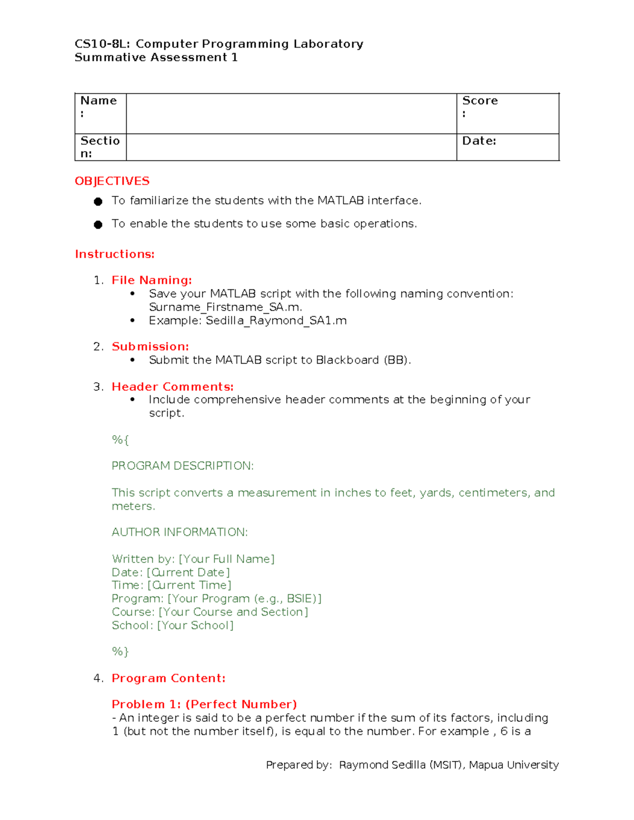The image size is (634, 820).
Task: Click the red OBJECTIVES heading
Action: click(x=112, y=181)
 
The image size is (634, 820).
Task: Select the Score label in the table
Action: click(x=480, y=101)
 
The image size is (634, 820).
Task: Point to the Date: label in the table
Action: click(x=479, y=141)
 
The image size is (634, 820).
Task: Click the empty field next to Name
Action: click(x=291, y=114)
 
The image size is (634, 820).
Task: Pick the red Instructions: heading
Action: click(x=115, y=254)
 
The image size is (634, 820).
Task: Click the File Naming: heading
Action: click(x=152, y=280)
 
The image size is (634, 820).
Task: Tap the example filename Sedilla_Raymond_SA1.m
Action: click(x=276, y=321)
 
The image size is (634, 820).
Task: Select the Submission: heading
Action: click(x=150, y=346)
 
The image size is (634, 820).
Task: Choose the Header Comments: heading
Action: click(x=172, y=387)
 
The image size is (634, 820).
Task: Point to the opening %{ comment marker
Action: click(x=120, y=439)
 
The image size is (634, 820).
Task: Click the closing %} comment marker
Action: click(x=120, y=652)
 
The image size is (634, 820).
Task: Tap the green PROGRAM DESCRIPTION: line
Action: click(x=182, y=466)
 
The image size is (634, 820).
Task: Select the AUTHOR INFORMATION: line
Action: click(x=180, y=532)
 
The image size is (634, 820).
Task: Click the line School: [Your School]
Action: click(x=172, y=625)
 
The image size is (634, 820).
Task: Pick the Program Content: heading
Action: click(x=169, y=678)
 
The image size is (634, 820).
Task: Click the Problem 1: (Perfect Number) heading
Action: click(x=204, y=704)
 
